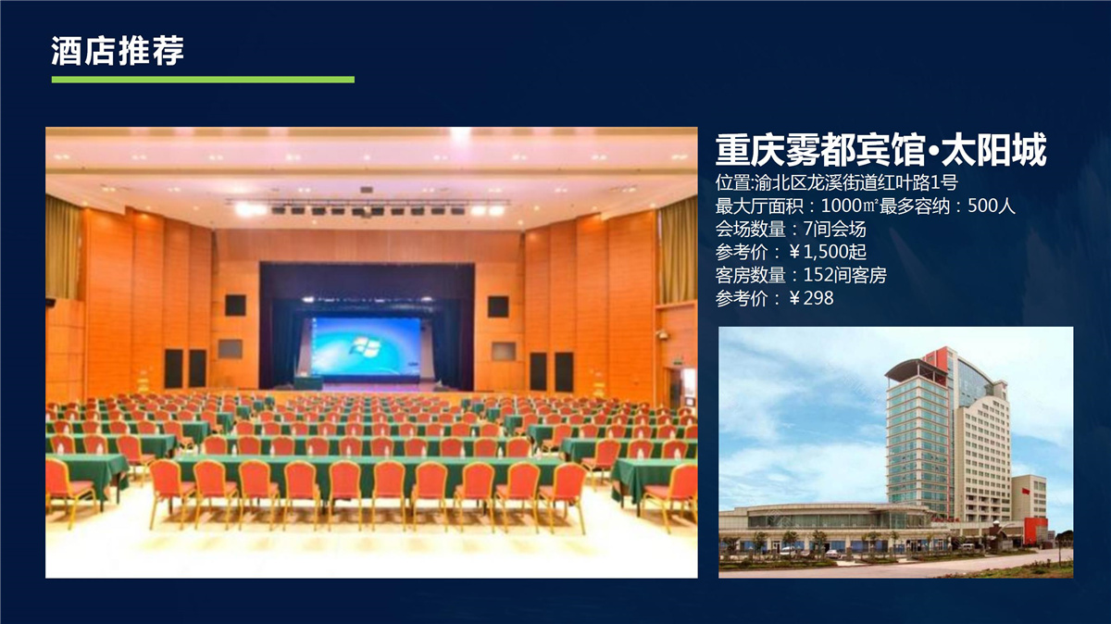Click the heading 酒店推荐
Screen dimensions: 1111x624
(118, 51)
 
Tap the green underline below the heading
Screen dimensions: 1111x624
(203, 80)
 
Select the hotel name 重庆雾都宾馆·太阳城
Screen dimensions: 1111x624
(880, 150)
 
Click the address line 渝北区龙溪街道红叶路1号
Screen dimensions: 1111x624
(856, 183)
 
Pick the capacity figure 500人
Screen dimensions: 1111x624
(991, 206)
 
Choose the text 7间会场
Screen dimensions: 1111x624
(835, 230)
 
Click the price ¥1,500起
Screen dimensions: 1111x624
(828, 252)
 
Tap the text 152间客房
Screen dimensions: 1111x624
(844, 275)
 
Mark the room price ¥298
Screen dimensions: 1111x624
(811, 298)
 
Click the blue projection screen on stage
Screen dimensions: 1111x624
(365, 346)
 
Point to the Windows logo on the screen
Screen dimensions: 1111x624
(365, 346)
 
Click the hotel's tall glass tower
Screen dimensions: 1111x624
(918, 436)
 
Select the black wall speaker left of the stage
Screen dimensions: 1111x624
(235, 305)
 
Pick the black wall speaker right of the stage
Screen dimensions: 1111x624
(498, 306)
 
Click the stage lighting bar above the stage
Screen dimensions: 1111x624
(367, 206)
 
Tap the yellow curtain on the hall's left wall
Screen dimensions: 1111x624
(63, 248)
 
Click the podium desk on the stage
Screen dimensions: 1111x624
(308, 382)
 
